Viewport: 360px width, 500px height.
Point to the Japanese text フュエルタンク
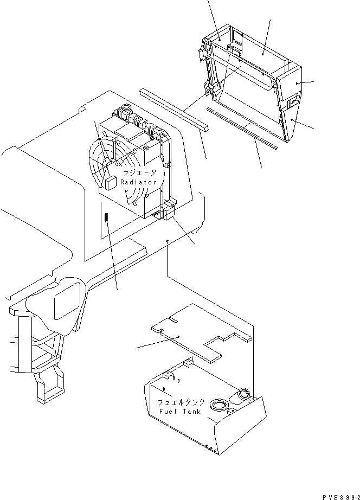click(x=181, y=402)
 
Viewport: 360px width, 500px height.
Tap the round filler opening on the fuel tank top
click(x=220, y=404)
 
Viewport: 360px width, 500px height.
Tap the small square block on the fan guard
click(x=112, y=183)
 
